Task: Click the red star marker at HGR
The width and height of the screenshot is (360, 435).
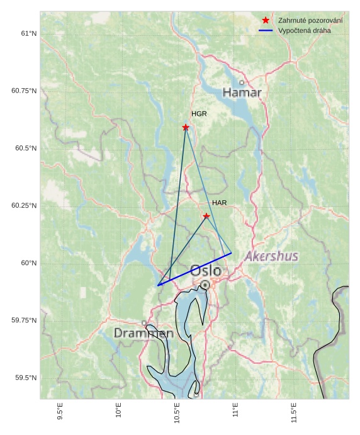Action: pyautogui.click(x=186, y=127)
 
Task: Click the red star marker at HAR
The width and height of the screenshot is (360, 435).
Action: pyautogui.click(x=206, y=216)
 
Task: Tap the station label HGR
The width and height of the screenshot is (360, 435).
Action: pyautogui.click(x=199, y=114)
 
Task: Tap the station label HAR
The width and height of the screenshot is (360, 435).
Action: pyautogui.click(x=219, y=203)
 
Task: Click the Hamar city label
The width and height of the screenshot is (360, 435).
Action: pyautogui.click(x=242, y=93)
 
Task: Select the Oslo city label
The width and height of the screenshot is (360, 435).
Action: pyautogui.click(x=205, y=271)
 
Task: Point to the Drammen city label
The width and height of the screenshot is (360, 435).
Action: pyautogui.click(x=143, y=333)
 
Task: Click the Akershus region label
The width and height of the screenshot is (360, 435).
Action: pyautogui.click(x=271, y=256)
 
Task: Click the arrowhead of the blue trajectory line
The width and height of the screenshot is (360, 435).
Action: pyautogui.click(x=159, y=285)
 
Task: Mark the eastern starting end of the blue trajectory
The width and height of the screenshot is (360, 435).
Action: pyautogui.click(x=232, y=253)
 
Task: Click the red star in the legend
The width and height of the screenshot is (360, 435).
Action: pyautogui.click(x=266, y=21)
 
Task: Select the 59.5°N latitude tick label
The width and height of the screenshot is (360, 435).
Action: pyautogui.click(x=26, y=378)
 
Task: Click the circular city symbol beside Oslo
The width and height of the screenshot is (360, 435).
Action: pyautogui.click(x=205, y=285)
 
